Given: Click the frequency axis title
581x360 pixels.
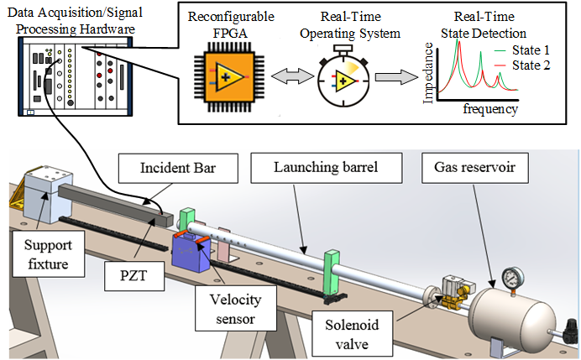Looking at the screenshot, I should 490,109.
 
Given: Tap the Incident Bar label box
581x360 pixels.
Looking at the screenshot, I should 166,166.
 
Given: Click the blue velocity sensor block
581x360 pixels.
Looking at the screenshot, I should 188,255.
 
